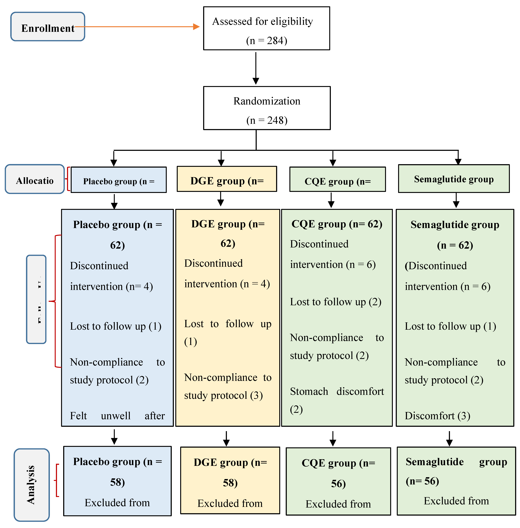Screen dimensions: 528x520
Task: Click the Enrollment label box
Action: (x=48, y=27)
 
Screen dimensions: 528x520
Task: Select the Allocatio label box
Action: (x=35, y=179)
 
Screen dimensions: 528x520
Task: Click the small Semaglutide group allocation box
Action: (x=454, y=179)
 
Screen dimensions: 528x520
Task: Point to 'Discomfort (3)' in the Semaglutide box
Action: (x=437, y=416)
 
